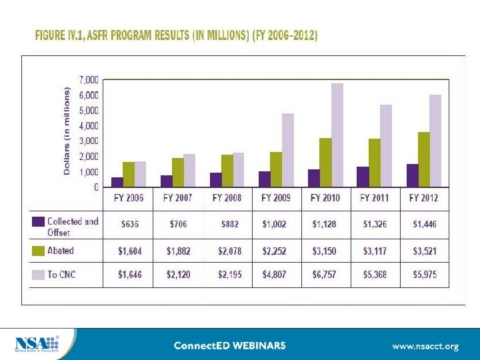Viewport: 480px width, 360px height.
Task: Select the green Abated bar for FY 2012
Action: tap(423, 159)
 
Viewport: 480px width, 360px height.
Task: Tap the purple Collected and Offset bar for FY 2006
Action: tap(117, 182)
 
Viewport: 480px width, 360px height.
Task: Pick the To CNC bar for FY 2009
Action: tap(287, 150)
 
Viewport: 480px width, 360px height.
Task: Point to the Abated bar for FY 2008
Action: tap(227, 171)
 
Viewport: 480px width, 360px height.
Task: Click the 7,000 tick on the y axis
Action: tap(89, 79)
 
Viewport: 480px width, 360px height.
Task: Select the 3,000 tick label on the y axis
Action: tap(89, 141)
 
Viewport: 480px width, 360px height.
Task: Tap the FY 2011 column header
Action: tap(374, 198)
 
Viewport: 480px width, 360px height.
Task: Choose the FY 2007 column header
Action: tap(178, 198)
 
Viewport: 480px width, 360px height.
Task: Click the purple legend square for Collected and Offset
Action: tap(39, 221)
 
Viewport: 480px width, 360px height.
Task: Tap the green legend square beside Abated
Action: tap(39, 251)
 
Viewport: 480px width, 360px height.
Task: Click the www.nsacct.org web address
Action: tap(425, 346)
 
